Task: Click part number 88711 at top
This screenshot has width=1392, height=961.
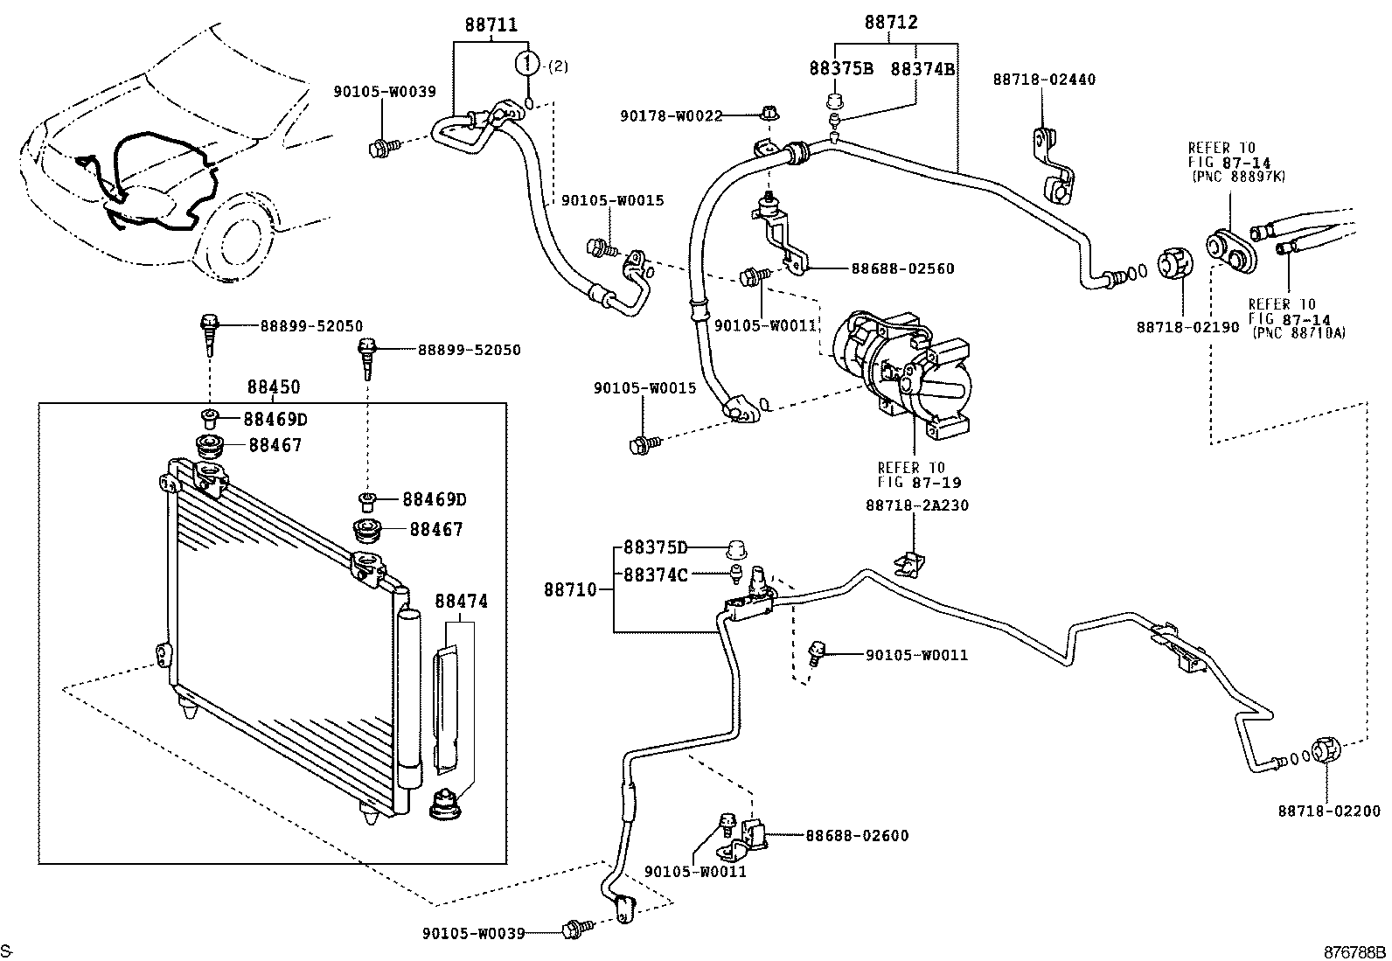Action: tap(491, 26)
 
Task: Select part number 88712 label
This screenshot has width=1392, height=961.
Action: tap(891, 24)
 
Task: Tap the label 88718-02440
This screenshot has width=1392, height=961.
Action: tap(1044, 80)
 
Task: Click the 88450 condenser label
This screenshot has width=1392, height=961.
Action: tap(273, 387)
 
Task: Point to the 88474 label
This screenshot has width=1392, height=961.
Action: tap(461, 602)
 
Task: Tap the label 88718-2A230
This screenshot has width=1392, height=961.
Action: tap(917, 505)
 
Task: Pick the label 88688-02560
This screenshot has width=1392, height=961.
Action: tap(902, 269)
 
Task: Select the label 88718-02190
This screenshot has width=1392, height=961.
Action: tap(1188, 327)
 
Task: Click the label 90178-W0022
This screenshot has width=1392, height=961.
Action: tap(672, 115)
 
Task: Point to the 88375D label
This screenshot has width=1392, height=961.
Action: tap(655, 548)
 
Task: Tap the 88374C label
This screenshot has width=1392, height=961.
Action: tap(655, 575)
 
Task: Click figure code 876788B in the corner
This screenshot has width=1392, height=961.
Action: tap(1354, 951)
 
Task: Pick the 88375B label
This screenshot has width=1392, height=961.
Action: tap(841, 68)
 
